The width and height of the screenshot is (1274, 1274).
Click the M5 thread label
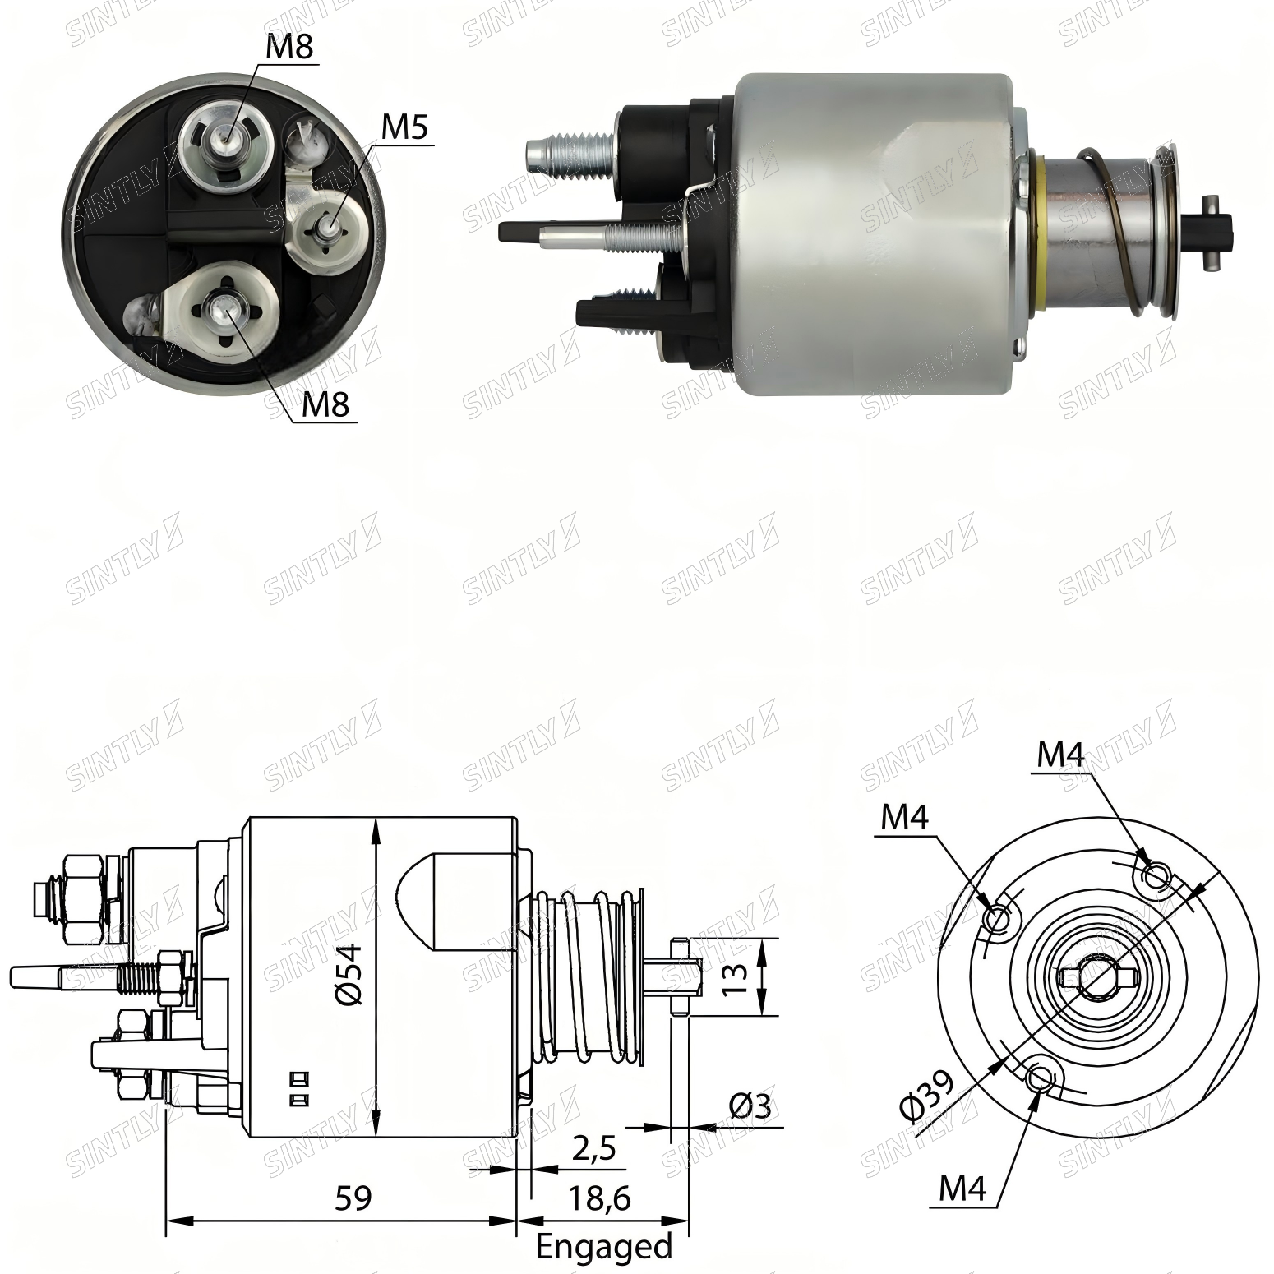405,128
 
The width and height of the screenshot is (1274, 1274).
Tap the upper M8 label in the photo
290,47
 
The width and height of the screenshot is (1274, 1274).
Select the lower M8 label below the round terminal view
326,404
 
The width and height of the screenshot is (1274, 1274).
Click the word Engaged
604,1247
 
